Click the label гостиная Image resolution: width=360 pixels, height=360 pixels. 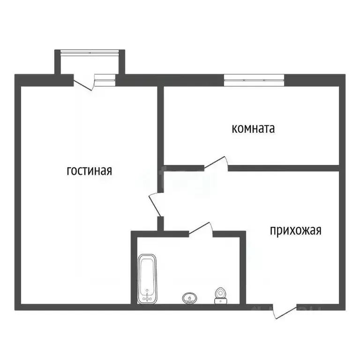coord(90,171)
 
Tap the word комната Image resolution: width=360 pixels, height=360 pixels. coord(253,128)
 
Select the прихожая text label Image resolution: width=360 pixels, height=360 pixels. coord(295,231)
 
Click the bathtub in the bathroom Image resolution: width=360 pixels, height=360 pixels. coord(148,278)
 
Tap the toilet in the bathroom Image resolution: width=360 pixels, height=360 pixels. coord(220,296)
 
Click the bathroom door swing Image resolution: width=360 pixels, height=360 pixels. coord(201,229)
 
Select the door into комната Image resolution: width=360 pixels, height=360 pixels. coord(216,162)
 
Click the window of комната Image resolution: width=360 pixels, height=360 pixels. coord(254,80)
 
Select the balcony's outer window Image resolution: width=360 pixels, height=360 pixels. coord(90,52)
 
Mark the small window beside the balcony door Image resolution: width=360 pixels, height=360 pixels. coord(105,80)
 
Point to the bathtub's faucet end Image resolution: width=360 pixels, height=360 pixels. coord(148,295)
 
